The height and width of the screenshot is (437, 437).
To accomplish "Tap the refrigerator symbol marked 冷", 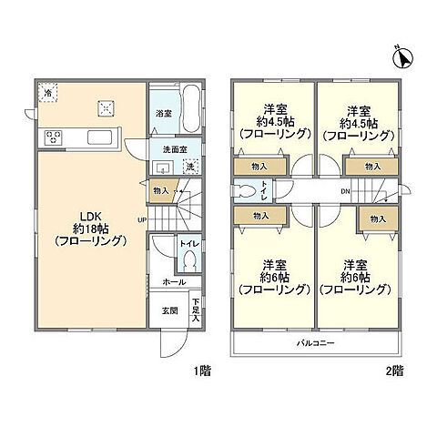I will [47, 93].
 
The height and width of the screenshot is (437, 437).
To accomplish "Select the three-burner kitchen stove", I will [52, 138].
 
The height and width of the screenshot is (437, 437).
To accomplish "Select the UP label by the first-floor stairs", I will [142, 219].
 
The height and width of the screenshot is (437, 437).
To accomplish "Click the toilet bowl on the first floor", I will [189, 260].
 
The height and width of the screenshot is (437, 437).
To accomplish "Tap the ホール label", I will [174, 282].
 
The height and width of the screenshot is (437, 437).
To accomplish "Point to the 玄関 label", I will [169, 310].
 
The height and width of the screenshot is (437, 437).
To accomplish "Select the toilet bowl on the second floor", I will [243, 191].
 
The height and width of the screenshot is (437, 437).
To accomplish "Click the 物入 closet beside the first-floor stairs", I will [159, 190].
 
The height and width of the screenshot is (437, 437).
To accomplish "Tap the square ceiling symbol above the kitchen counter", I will [105, 108].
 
